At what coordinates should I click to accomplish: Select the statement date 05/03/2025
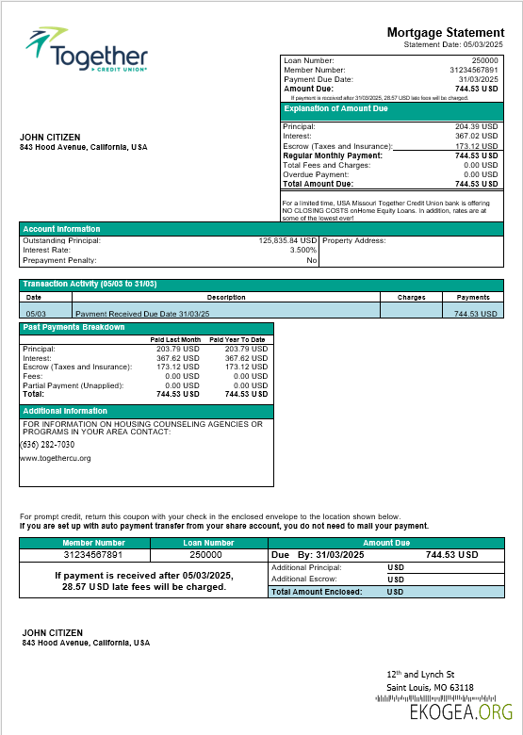[x=480, y=44]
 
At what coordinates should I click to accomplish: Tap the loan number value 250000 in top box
[x=484, y=60]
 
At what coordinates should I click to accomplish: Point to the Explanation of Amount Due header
[x=336, y=108]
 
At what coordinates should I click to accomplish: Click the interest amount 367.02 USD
[x=476, y=136]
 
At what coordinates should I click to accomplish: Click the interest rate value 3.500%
[x=302, y=250]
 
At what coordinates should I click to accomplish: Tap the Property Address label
[x=354, y=240]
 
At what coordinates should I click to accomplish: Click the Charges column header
[x=411, y=297]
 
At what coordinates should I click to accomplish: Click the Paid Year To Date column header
[x=237, y=339]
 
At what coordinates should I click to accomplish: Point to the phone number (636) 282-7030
[x=48, y=445]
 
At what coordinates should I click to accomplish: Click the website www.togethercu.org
[x=56, y=458]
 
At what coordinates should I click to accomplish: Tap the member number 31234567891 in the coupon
[x=93, y=555]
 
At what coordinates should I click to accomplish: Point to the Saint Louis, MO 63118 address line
[x=431, y=687]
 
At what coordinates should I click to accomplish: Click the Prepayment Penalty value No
[x=311, y=260]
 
